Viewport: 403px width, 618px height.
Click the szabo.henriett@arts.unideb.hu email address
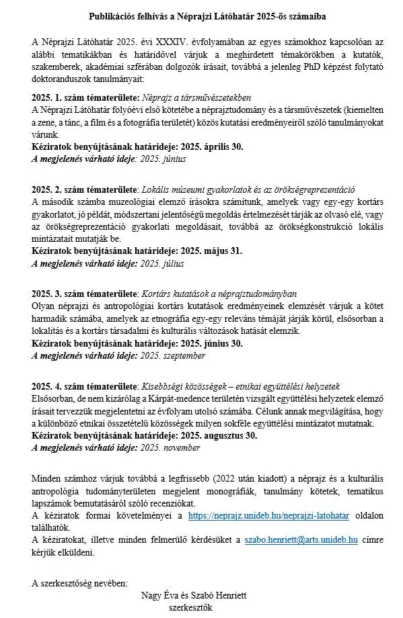coord(300,540)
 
